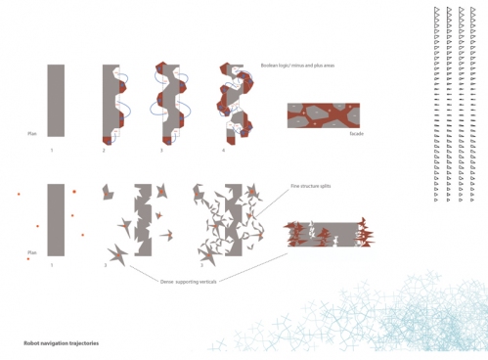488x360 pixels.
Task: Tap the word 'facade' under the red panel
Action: coord(357,134)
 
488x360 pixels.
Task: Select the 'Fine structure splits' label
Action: coord(310,185)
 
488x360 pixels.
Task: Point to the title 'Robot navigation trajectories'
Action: coord(61,343)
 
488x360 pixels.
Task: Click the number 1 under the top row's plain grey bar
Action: coord(53,150)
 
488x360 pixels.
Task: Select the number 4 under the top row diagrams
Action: coord(223,150)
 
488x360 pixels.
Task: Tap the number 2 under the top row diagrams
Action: coord(105,150)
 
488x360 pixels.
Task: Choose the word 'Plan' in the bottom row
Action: coord(32,251)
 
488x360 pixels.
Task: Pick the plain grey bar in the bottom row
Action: coord(56,219)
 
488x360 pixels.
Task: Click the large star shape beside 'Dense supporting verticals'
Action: coord(118,255)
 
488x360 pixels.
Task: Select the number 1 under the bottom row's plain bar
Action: coord(53,265)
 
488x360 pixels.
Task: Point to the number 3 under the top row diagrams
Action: coord(161,150)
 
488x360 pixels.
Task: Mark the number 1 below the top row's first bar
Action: coord(53,150)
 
